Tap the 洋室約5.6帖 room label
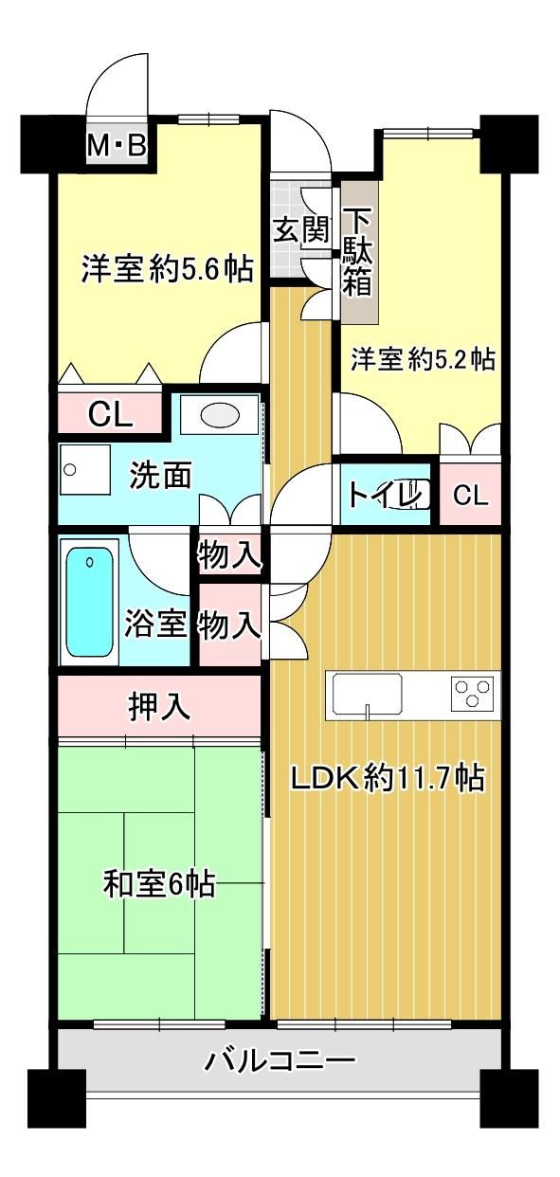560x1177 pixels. coord(167,268)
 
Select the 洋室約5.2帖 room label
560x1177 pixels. coord(423,359)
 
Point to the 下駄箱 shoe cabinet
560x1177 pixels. coord(359,252)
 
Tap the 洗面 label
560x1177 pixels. coord(160,475)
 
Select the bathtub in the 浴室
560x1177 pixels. coord(90,602)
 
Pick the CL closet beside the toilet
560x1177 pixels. coord(470,494)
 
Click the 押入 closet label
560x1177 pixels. coord(159,707)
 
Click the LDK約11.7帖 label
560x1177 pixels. coord(388,778)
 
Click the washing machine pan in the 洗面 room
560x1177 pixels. coord(84,469)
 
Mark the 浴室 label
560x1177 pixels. coord(155,624)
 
